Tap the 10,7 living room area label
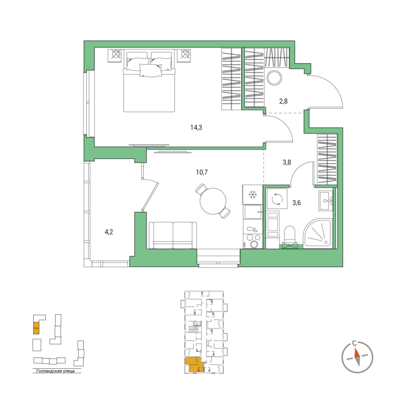pos(202,172)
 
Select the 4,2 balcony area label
pos(109,232)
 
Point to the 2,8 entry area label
pos(284,101)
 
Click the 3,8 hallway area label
pos(287,164)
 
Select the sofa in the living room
pos(173,235)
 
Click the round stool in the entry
pos(274,78)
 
